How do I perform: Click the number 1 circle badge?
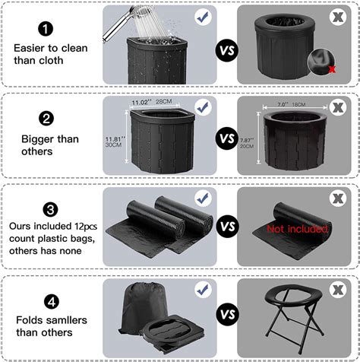click(x=46, y=29)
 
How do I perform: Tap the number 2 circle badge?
click(x=46, y=118)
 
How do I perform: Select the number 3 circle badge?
click(x=50, y=209)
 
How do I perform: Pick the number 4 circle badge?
click(x=52, y=302)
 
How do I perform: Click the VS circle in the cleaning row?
click(x=227, y=50)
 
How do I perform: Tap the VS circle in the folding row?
click(x=228, y=314)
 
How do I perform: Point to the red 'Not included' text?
click(x=297, y=229)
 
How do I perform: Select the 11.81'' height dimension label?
click(x=115, y=139)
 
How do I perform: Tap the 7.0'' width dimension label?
click(x=283, y=104)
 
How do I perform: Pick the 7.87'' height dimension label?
click(x=247, y=140)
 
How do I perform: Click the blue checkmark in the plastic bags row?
click(x=204, y=198)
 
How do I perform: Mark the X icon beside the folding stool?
click(x=338, y=290)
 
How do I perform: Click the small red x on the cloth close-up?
click(x=332, y=69)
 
